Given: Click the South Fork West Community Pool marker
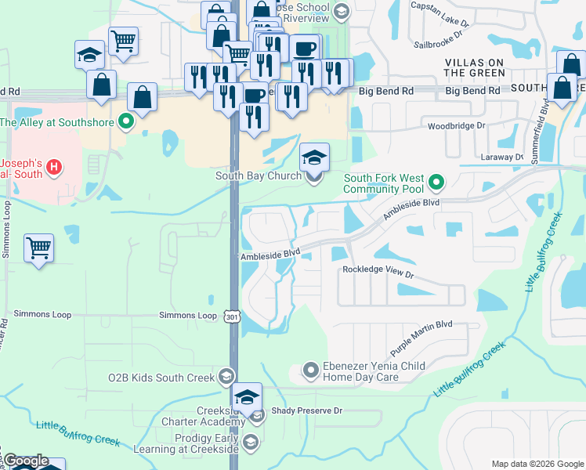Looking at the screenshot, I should coord(437,184).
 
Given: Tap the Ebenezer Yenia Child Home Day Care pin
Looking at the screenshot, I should coord(311,369).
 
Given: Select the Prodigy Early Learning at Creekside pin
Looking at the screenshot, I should coord(251,443).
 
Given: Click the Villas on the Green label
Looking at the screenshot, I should coord(475,67).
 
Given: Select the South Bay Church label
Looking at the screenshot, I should coord(259,176).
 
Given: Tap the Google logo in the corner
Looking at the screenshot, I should coord(25,461).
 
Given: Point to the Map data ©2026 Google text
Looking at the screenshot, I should coord(537,464).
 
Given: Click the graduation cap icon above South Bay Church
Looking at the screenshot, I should coord(315,157).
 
